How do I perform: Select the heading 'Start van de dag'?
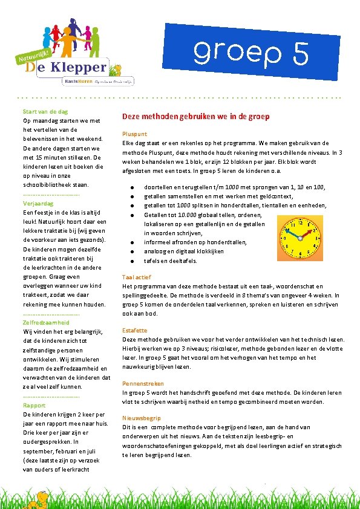[x=45, y=111]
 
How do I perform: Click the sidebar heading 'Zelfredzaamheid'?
[x=46, y=323]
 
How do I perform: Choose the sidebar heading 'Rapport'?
[x=34, y=405]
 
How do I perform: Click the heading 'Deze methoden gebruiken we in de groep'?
[x=195, y=117]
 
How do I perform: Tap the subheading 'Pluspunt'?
[x=134, y=134]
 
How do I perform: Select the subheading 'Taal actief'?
[x=137, y=277]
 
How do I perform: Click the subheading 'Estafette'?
[x=134, y=331]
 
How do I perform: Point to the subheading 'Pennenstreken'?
[x=143, y=383]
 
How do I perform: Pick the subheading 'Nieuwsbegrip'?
[x=142, y=418]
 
